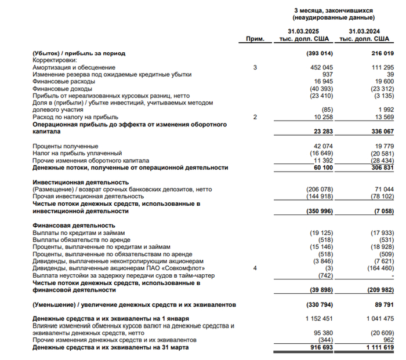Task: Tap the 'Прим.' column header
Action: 255,39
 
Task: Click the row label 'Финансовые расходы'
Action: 62,82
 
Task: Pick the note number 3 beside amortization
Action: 255,68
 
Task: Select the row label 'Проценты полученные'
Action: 66,146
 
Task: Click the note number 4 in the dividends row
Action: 255,268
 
